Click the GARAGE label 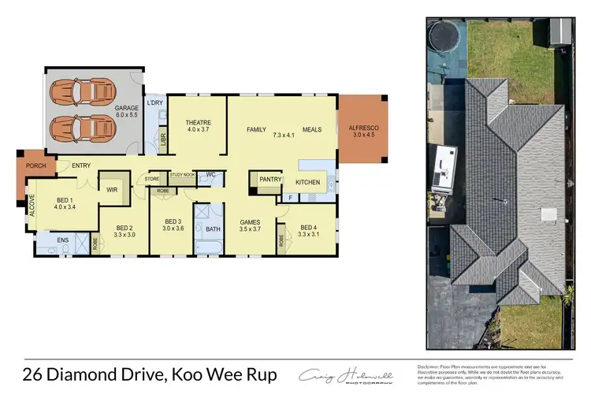click(127, 107)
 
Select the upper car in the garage click(81, 91)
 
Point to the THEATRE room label click(198, 123)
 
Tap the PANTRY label click(270, 180)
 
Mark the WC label click(211, 175)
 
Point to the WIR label click(112, 189)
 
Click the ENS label click(62, 240)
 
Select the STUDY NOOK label click(182, 173)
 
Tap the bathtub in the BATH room click(210, 247)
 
